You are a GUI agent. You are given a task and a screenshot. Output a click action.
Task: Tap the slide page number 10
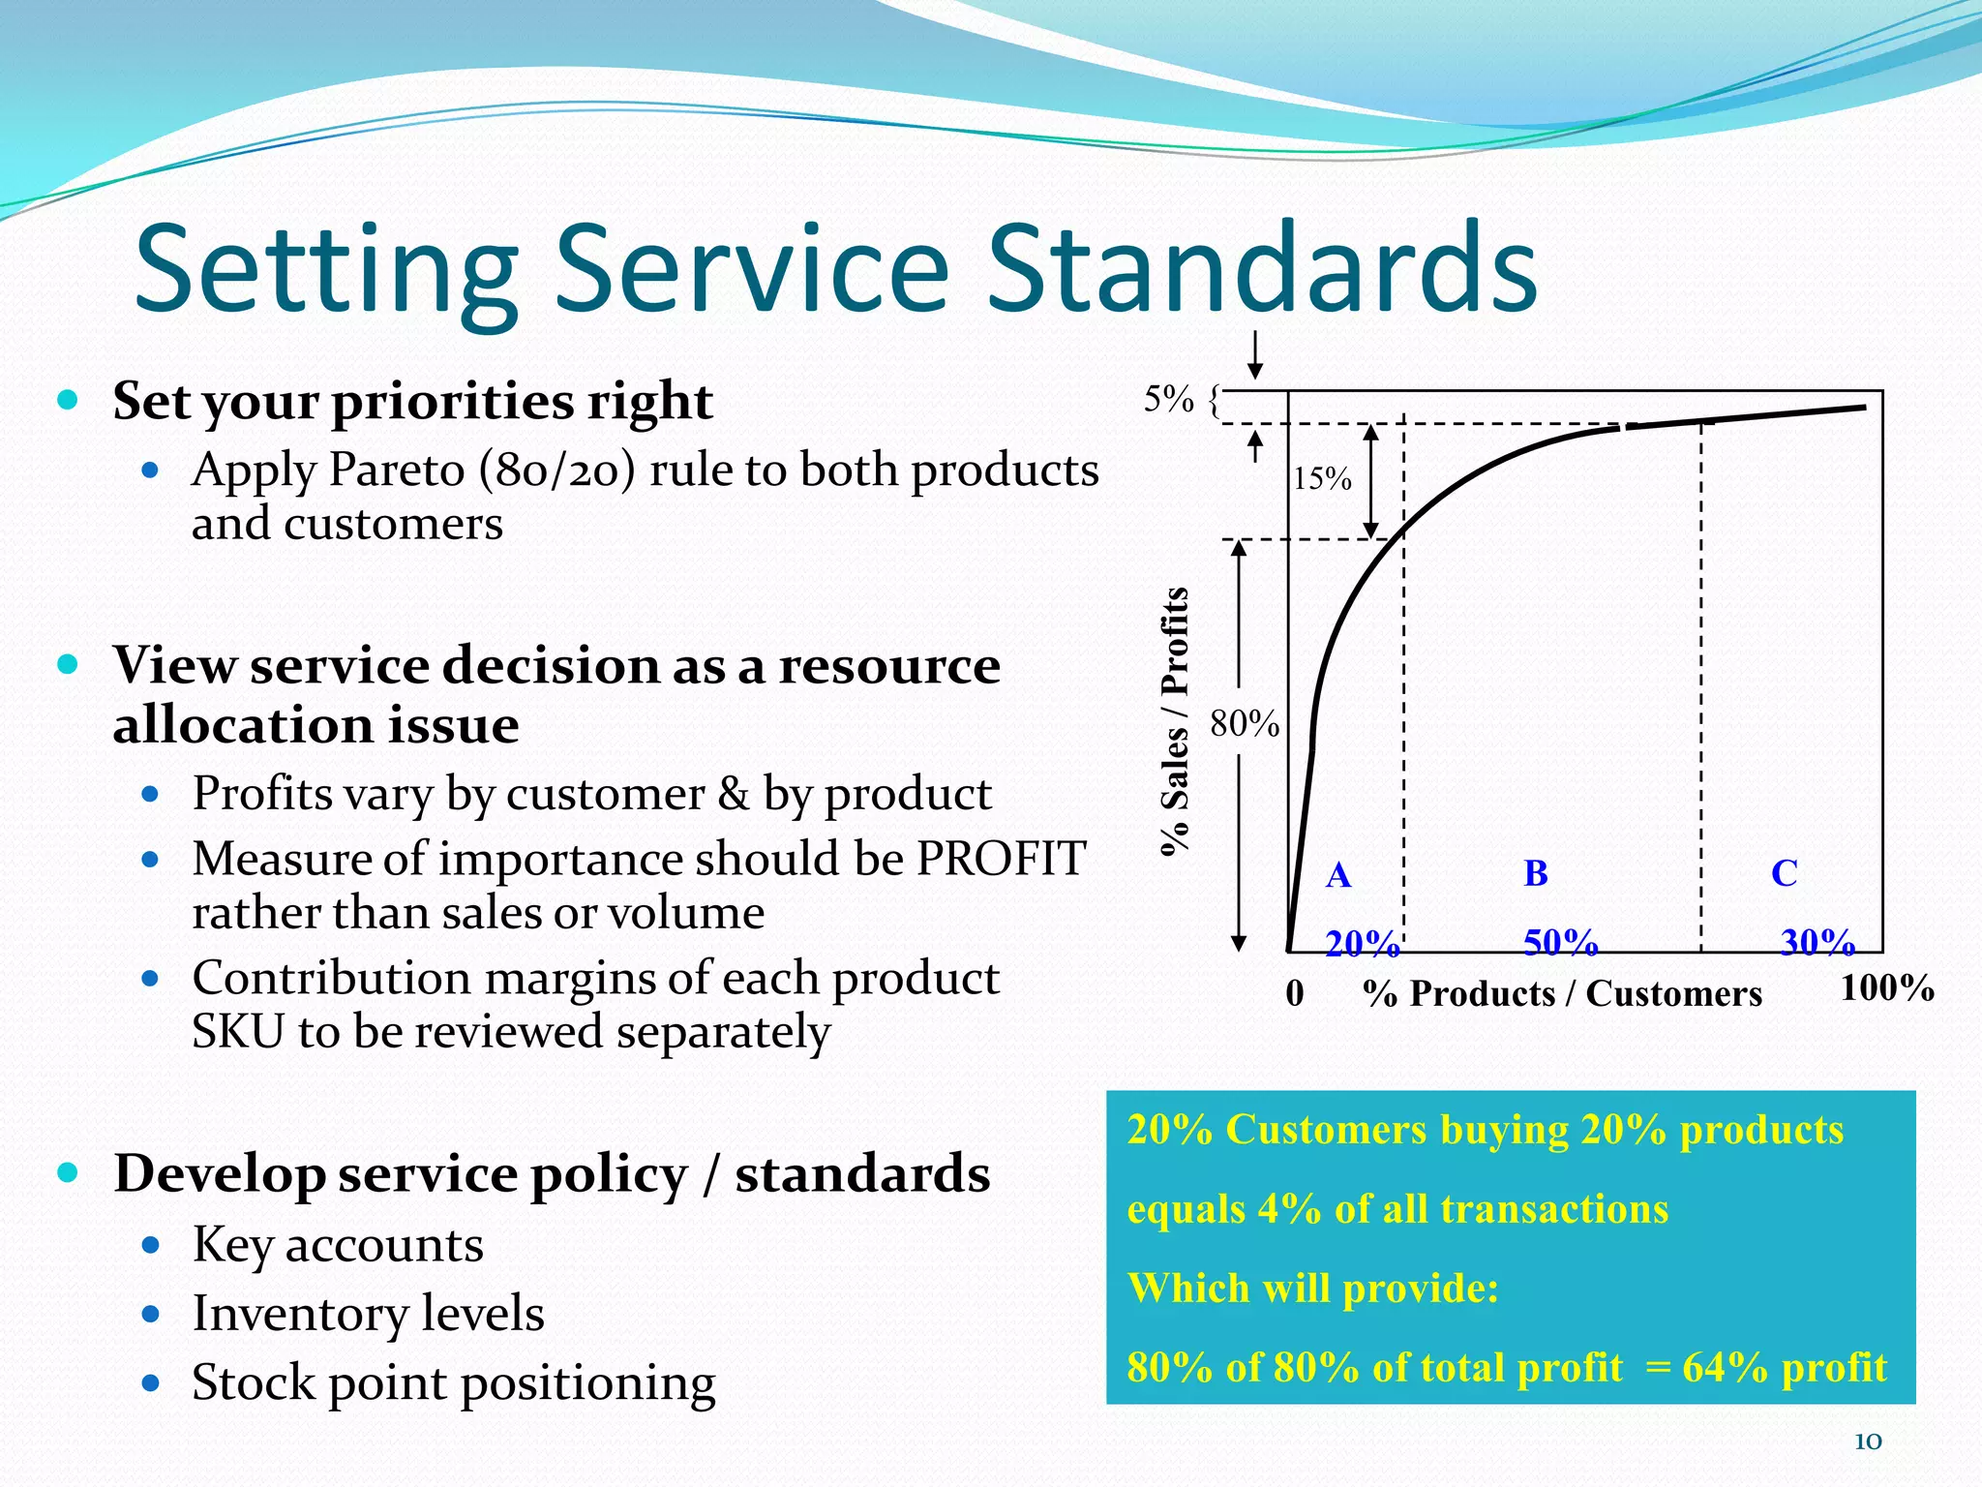tap(1867, 1441)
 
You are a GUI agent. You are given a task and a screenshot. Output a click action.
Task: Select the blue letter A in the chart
tap(1338, 875)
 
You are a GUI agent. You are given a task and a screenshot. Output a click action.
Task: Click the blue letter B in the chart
tap(1536, 873)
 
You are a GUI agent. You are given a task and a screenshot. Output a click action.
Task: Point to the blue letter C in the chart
tap(1785, 873)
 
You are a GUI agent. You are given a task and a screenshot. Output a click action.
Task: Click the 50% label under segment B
tap(1560, 941)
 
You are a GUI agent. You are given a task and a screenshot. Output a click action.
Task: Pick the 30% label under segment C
tap(1817, 941)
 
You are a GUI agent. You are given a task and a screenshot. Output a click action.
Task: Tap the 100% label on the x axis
tap(1886, 988)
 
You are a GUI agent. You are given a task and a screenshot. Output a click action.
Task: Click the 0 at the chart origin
tap(1295, 993)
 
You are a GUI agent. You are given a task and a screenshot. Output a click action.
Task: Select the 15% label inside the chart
tap(1322, 478)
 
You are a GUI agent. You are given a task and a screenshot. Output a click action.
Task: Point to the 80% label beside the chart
tap(1245, 723)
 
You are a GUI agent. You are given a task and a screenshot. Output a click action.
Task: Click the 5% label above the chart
tap(1169, 399)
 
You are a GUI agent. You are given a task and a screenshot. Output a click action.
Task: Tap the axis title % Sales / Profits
tap(1175, 721)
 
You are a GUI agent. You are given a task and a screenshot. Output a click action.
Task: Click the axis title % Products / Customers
tap(1562, 993)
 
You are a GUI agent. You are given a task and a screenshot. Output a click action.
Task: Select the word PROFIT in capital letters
tap(1002, 859)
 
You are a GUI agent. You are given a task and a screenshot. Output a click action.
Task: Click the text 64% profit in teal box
tap(1784, 1368)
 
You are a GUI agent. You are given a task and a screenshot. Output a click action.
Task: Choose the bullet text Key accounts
tap(338, 1245)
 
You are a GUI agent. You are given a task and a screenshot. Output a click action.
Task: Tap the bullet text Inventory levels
tap(368, 1314)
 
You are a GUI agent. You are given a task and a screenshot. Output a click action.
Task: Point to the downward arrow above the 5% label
tap(1255, 354)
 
